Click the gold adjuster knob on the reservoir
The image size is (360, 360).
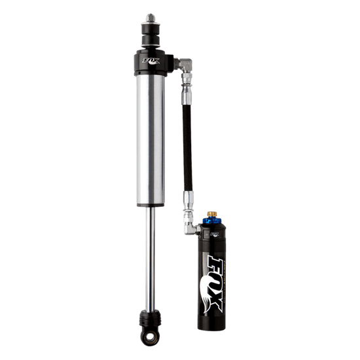coord(211,214)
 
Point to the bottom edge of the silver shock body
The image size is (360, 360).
coord(150,201)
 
